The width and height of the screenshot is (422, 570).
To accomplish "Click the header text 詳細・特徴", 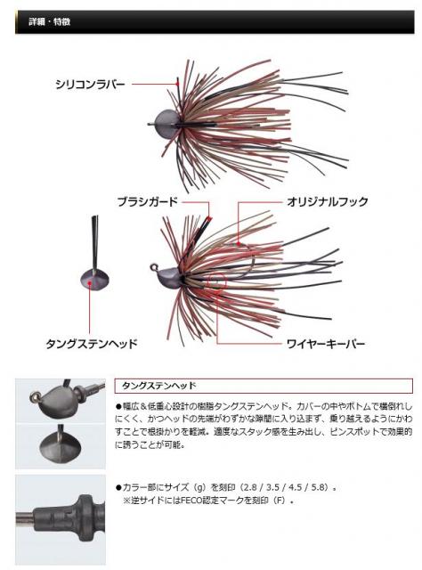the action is [50, 21].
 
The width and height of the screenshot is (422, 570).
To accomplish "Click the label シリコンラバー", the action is [90, 85].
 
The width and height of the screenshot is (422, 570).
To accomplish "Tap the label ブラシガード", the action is [147, 202].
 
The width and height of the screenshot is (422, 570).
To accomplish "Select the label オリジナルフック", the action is [327, 202].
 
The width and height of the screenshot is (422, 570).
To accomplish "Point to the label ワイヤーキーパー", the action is [326, 344].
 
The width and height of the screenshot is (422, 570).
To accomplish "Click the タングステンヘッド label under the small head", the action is [92, 344].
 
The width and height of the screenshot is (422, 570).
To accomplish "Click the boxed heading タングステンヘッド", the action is [158, 386].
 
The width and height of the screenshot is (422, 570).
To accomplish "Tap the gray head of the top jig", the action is [166, 124].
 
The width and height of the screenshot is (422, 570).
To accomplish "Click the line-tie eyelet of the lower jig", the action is [154, 268].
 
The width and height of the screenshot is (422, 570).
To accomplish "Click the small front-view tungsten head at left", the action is [94, 279].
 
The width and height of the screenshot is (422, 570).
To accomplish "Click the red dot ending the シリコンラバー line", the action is [177, 84].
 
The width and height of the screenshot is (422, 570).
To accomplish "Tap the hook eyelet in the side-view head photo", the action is [35, 395].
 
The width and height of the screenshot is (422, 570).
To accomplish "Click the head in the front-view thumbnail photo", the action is [61, 444].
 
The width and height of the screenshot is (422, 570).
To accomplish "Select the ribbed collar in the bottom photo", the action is [87, 512].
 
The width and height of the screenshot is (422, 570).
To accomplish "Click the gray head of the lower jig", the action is [170, 275].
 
